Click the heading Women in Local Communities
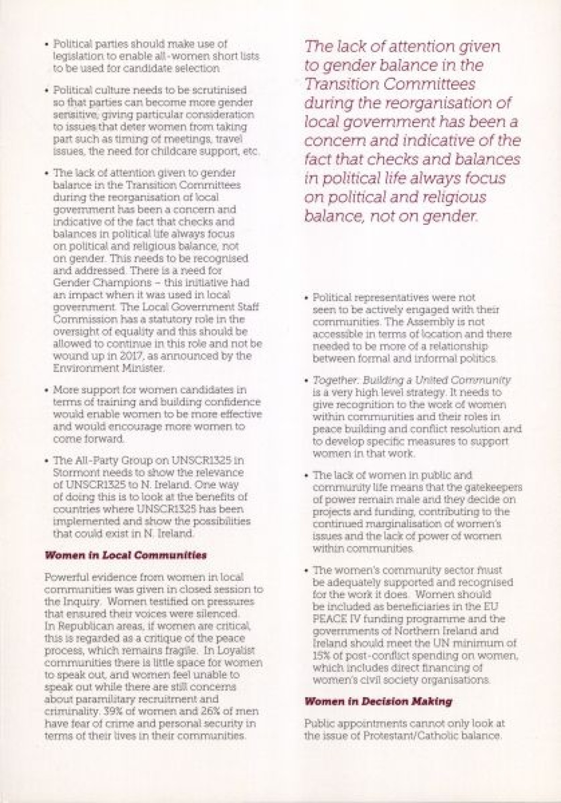pyautogui.click(x=125, y=556)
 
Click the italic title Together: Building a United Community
pyautogui.click(x=411, y=380)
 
